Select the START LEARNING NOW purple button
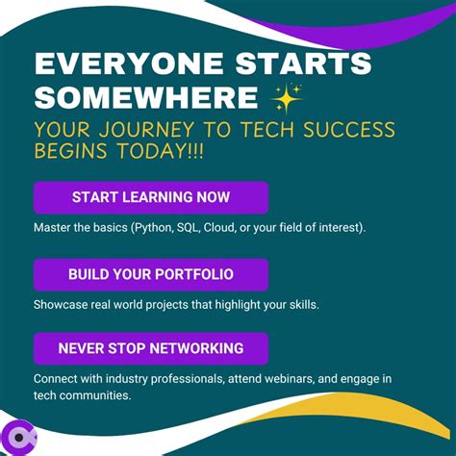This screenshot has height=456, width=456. (x=150, y=197)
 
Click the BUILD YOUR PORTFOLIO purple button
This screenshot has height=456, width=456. (x=150, y=274)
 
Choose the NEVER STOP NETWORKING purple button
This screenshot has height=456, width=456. (x=150, y=347)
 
